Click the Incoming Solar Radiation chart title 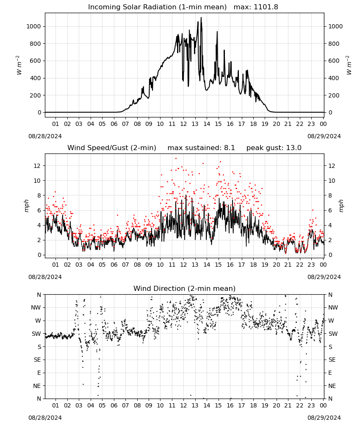(158, 7)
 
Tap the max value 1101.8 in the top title (266, 7)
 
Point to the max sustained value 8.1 (229, 148)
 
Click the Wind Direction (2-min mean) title (185, 288)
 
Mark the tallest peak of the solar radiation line (201, 17)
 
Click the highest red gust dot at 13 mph (176, 159)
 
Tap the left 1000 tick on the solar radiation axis (33, 26)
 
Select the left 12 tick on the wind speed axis (37, 165)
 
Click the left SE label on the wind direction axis (37, 360)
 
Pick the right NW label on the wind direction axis (333, 307)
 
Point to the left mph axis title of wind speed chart (26, 206)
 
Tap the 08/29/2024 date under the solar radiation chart (324, 136)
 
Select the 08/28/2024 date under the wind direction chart (45, 418)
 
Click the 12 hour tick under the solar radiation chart (183, 124)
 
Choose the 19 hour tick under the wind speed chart (265, 265)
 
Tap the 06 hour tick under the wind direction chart (114, 405)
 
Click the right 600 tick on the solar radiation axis (334, 61)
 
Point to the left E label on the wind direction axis (39, 373)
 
